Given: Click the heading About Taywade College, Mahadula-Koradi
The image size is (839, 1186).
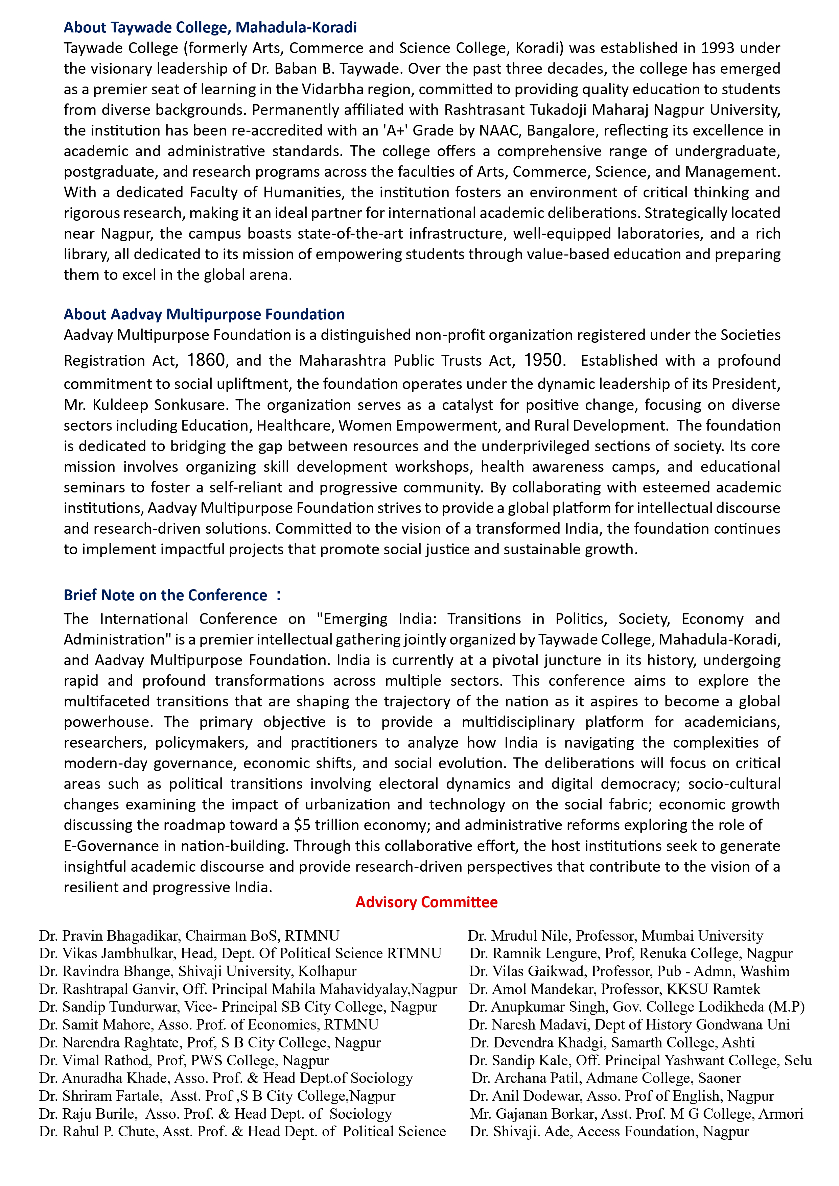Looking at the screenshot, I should [210, 27].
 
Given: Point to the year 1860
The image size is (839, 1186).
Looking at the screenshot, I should [206, 360].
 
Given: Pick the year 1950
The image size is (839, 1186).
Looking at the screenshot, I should [542, 360].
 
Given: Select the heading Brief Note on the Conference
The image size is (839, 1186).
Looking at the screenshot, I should [165, 595].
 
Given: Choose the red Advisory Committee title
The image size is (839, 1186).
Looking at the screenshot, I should [426, 902].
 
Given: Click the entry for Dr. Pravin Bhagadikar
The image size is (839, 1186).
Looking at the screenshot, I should [189, 936].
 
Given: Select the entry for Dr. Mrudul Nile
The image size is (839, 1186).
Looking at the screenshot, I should [615, 936].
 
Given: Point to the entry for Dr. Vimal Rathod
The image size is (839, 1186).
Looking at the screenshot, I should [184, 1061].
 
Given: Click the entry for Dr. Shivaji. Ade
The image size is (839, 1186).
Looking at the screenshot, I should [609, 1131].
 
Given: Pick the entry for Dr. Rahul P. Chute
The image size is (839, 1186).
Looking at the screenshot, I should [242, 1131].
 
